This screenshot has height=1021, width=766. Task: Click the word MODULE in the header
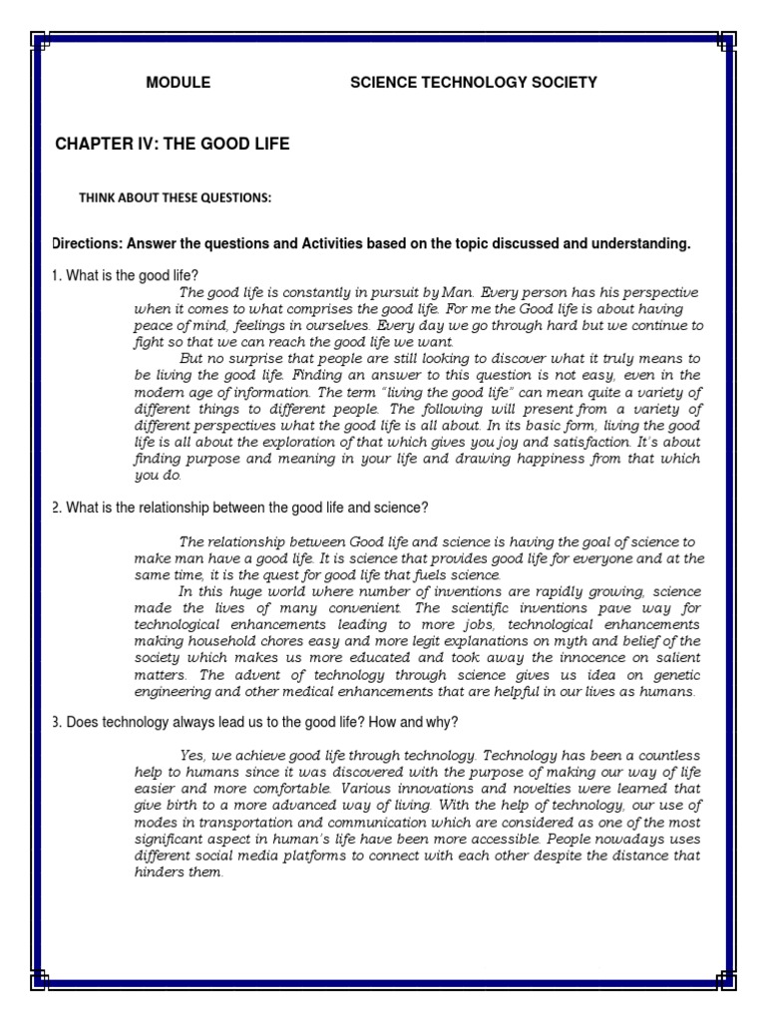(x=179, y=83)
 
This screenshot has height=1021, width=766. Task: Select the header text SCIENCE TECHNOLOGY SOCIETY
(x=473, y=83)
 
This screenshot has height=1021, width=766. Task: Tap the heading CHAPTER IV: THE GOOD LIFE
(x=172, y=145)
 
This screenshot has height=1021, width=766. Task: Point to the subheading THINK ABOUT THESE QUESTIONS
(x=175, y=198)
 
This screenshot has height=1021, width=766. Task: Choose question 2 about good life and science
(x=239, y=508)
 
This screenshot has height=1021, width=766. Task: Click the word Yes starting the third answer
(x=191, y=756)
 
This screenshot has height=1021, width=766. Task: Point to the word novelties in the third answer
(x=476, y=789)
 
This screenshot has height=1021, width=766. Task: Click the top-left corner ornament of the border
(x=40, y=40)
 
